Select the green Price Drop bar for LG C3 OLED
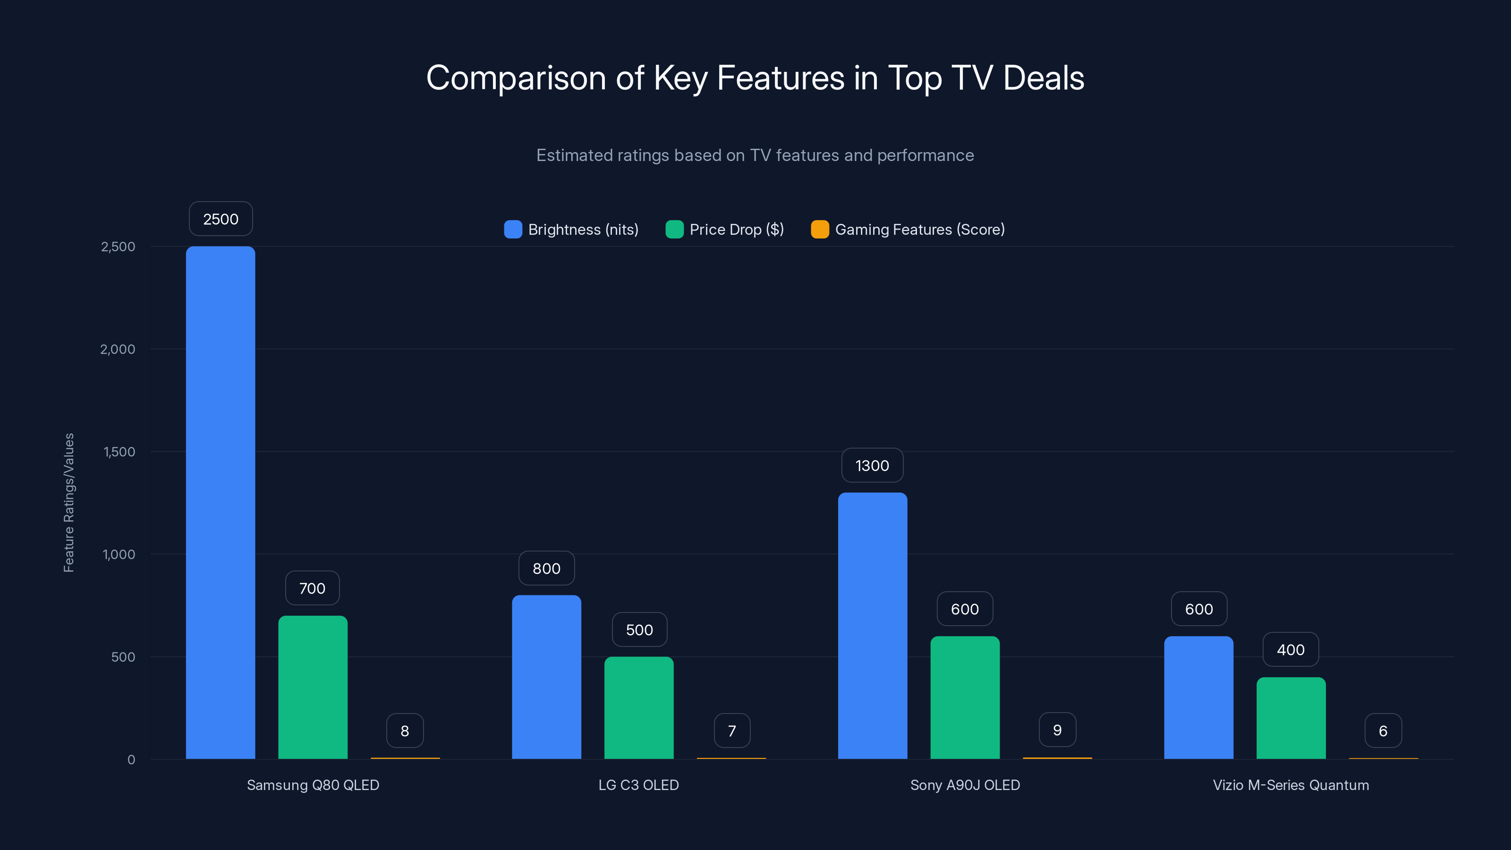tap(639, 707)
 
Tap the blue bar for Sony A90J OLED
tap(872, 625)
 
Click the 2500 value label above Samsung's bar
tap(221, 219)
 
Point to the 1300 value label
tap(872, 465)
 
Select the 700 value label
tap(312, 588)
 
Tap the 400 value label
tap(1290, 649)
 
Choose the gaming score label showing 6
tap(1383, 731)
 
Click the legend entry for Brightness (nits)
tap(583, 229)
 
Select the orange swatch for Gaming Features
tap(819, 229)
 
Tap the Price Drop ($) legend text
tap(736, 229)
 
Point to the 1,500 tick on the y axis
tap(119, 452)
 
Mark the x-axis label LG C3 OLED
tap(638, 785)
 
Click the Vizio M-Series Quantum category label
tap(1290, 785)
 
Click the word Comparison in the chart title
tap(516, 78)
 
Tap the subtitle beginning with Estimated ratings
tap(755, 155)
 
